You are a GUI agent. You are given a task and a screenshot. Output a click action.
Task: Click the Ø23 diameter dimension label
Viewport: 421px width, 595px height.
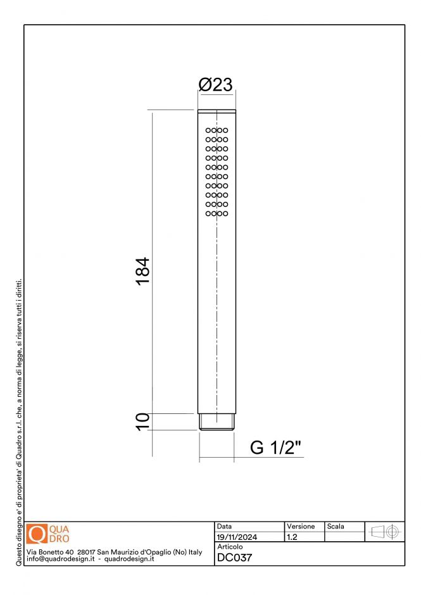(216, 85)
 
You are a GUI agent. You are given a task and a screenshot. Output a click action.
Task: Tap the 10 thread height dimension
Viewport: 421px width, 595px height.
(142, 421)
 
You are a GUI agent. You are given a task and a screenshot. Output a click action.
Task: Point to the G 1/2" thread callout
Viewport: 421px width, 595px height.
(276, 447)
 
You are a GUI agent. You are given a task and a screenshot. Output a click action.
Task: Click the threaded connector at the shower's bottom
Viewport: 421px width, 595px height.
(217, 422)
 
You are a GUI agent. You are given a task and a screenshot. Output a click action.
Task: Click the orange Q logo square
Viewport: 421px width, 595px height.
(37, 535)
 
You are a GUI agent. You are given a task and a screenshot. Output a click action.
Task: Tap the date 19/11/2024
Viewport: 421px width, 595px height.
(237, 537)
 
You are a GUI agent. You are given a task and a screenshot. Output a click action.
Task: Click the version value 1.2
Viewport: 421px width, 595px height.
(292, 537)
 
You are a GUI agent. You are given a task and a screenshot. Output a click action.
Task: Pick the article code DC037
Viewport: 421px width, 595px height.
(234, 558)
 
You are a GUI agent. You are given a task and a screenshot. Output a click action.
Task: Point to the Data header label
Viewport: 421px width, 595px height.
(224, 527)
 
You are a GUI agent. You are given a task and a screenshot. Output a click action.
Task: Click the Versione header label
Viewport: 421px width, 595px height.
(301, 527)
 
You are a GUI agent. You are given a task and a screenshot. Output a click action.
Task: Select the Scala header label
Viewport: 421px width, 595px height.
(336, 527)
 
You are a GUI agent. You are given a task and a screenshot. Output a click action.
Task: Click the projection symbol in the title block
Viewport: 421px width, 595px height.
(385, 532)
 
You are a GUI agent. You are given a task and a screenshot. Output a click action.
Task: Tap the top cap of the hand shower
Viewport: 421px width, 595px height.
(217, 112)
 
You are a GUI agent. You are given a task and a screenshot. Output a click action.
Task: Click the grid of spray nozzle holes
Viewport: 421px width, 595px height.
(217, 172)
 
